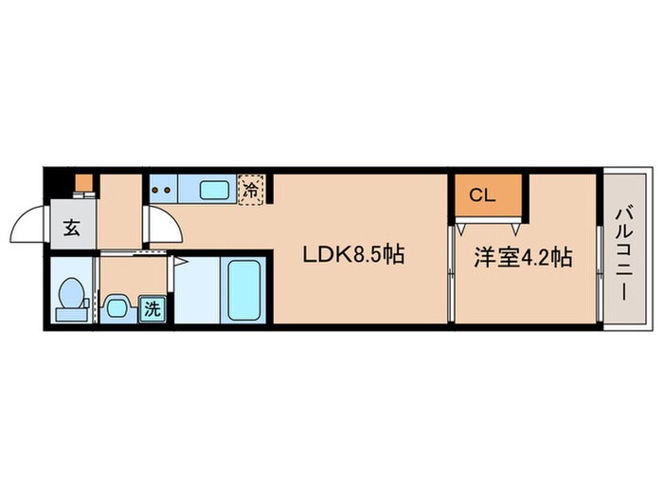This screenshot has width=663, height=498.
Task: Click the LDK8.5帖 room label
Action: (353, 255)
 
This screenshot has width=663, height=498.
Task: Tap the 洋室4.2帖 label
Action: (523, 257)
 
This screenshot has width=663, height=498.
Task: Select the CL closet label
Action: (482, 195)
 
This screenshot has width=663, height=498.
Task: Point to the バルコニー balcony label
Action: (624, 253)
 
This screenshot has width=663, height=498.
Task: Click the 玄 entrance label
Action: (72, 228)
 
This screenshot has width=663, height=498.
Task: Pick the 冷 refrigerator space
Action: (251, 190)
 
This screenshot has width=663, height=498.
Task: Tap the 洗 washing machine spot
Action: (152, 309)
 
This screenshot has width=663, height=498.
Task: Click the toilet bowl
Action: (71, 293)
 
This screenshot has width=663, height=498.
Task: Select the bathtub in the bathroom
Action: (243, 290)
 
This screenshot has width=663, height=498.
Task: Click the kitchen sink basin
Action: (214, 190)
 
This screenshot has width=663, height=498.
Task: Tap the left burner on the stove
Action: (155, 190)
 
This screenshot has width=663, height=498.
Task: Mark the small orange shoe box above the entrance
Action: (83, 182)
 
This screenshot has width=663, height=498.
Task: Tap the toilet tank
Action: (71, 315)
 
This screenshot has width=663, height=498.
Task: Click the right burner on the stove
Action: (167, 190)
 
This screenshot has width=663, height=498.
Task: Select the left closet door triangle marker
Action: (461, 229)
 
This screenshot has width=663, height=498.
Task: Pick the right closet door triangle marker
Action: (515, 229)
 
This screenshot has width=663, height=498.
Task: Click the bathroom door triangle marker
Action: (180, 262)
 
